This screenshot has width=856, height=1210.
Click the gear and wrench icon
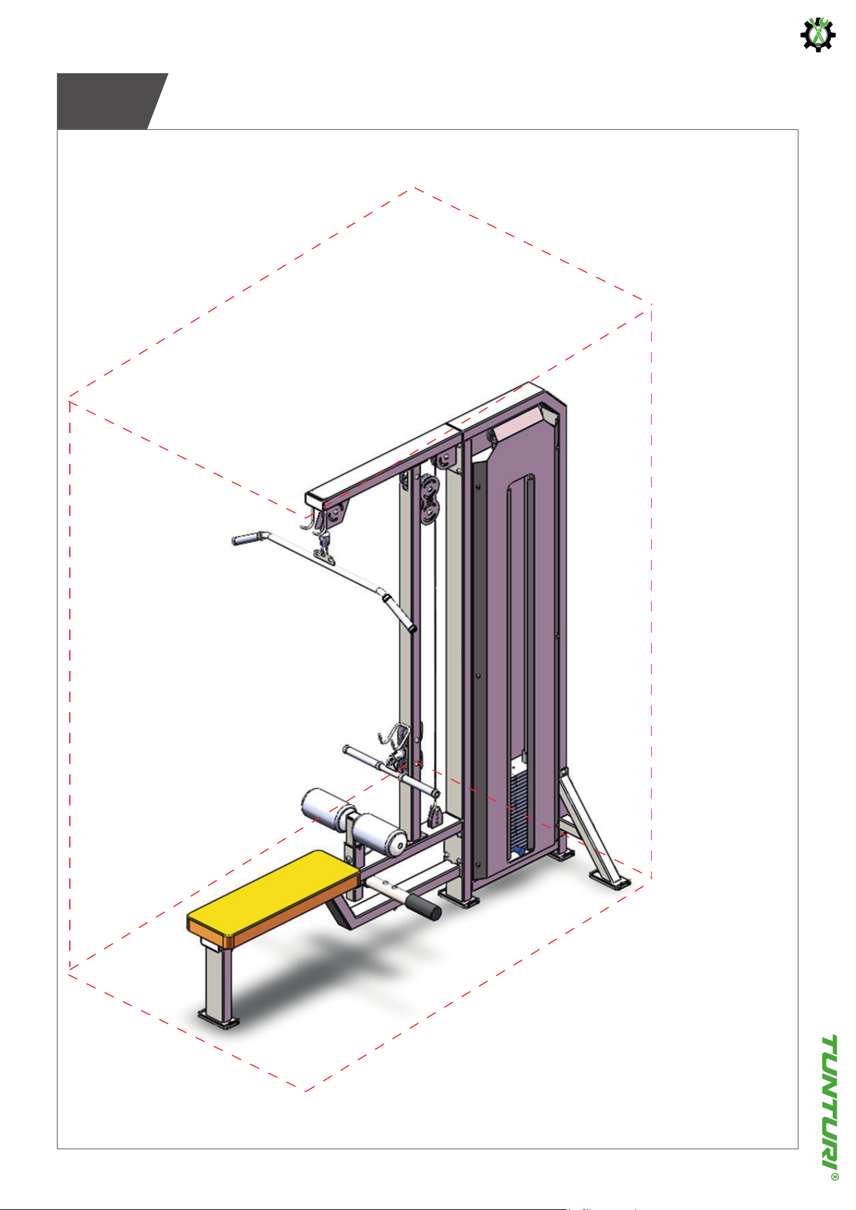pyautogui.click(x=818, y=34)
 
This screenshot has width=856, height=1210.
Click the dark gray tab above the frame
pyautogui.click(x=112, y=101)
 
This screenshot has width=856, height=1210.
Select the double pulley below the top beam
pyautogui.click(x=427, y=498)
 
